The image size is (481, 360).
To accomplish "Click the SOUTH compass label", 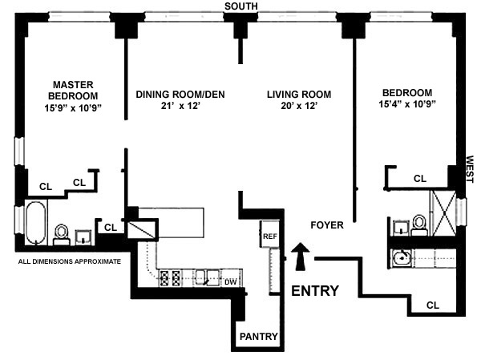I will pos(240,6).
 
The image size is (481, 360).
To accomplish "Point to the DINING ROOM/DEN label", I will pos(180,95).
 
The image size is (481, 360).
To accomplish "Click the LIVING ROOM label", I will pos(299,95).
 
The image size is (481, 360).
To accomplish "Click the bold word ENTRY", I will pos(314,290).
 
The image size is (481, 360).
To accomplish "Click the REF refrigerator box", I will pos(269,237).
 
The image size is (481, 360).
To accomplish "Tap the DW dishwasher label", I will pos(230,281).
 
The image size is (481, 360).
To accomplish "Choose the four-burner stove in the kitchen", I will pos(170,278).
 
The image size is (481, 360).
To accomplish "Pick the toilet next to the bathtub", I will pos(61,233).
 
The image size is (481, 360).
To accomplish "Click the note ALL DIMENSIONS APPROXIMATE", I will pos(69,261).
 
